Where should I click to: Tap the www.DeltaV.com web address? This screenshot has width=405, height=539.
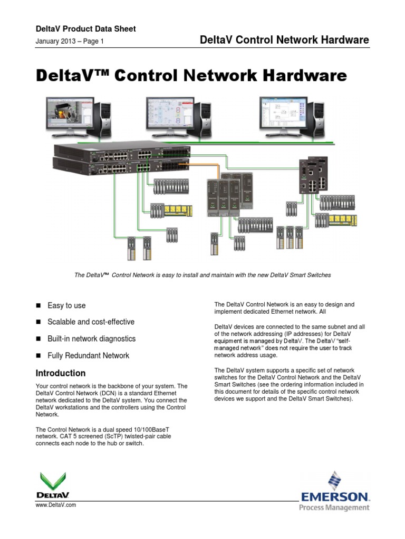click(56, 505)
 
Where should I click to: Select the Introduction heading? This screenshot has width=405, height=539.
click(61, 373)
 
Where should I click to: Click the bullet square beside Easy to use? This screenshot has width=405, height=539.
click(38, 305)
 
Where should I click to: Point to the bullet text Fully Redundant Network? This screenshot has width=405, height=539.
click(89, 355)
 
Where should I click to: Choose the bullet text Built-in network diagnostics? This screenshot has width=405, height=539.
click(92, 338)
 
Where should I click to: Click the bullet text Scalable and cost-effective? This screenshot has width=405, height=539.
click(91, 322)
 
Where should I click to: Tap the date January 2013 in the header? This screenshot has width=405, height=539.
click(55, 41)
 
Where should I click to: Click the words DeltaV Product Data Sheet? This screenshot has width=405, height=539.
click(86, 29)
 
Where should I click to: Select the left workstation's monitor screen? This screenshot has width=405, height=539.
click(70, 113)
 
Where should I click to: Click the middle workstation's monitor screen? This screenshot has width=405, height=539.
click(170, 113)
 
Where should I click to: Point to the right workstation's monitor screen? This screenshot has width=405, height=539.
click(283, 113)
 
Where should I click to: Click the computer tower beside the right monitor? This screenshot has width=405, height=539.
click(315, 119)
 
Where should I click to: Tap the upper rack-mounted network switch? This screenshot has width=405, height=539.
click(122, 152)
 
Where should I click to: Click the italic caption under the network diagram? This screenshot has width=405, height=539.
click(202, 275)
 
